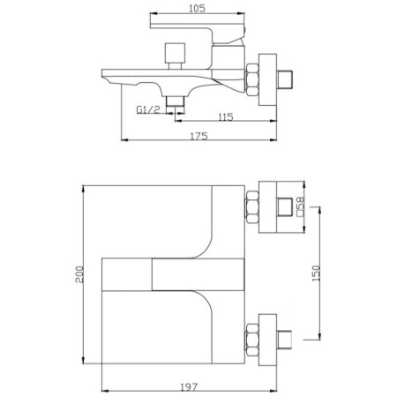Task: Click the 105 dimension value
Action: (197, 9)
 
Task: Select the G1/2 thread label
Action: (148, 109)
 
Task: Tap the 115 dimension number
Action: (226, 117)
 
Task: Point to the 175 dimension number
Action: (199, 136)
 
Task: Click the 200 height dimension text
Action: (79, 274)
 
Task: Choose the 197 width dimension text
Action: (189, 387)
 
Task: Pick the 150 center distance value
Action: (316, 273)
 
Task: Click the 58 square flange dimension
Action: (301, 206)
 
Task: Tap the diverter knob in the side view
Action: (175, 56)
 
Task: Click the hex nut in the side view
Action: (252, 79)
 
